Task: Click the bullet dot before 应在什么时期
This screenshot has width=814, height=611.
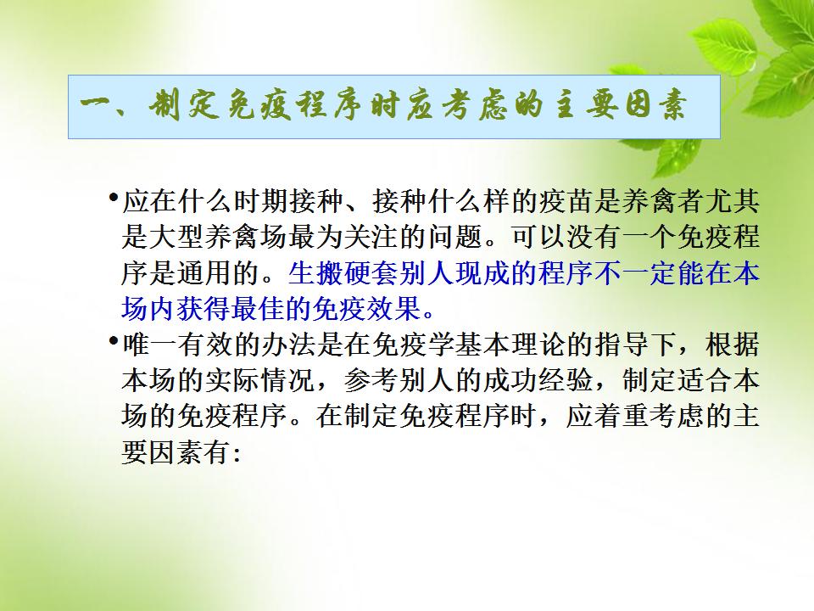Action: [x=113, y=198]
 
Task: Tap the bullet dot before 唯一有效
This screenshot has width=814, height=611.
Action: [x=113, y=341]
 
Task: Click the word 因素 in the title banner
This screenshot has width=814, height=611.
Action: [x=656, y=106]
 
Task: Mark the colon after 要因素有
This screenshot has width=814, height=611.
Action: [x=237, y=456]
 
